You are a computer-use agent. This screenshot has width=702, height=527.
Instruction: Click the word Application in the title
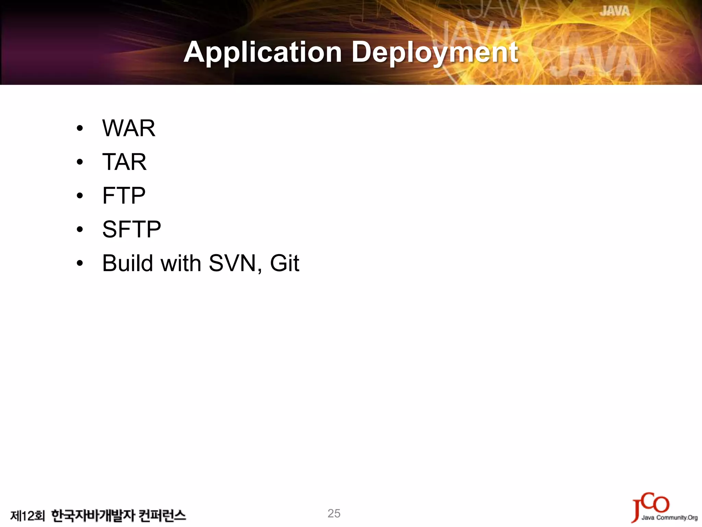pos(263,52)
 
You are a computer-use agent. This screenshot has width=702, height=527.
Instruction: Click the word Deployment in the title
pos(435,52)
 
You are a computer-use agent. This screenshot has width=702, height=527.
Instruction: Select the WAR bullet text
pos(129,128)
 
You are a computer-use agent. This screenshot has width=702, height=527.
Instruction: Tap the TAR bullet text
pos(124,162)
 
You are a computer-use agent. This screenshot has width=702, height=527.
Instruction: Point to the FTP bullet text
pos(124,196)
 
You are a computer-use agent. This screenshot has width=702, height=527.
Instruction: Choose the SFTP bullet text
pos(132,229)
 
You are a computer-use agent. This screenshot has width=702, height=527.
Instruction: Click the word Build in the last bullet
pos(128,263)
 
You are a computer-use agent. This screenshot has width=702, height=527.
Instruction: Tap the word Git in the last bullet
pos(285,263)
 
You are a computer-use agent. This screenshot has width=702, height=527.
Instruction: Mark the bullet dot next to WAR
pos(80,129)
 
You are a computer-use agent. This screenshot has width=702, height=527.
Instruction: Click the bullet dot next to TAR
pos(80,162)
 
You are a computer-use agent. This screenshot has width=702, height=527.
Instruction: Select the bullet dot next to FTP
pos(80,196)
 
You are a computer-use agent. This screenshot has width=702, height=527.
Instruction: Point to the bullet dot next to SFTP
pos(80,229)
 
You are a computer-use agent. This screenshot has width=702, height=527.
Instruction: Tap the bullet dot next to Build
pos(80,263)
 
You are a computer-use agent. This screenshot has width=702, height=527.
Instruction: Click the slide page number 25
pos(334,513)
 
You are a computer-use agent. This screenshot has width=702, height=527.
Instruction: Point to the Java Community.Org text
pos(669,518)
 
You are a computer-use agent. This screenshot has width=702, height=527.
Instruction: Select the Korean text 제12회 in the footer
pos(27,516)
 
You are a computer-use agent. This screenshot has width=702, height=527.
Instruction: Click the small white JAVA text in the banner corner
pos(615,11)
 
